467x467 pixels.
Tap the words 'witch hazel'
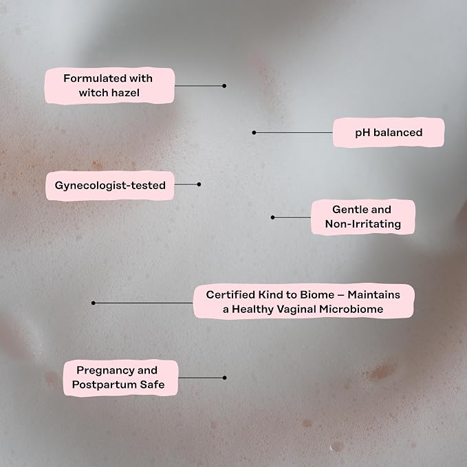pyautogui.click(x=109, y=93)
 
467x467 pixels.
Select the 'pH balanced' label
pyautogui.click(x=389, y=133)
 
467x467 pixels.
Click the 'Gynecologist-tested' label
pyautogui.click(x=110, y=185)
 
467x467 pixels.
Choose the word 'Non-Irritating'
pyautogui.click(x=362, y=224)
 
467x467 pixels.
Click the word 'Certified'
pyautogui.click(x=230, y=294)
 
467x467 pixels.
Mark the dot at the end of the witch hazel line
pyautogui.click(x=224, y=86)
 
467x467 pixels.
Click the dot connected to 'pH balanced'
pyautogui.click(x=254, y=133)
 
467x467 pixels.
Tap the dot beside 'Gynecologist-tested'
pyautogui.click(x=199, y=184)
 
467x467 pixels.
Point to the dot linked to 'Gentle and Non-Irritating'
pyautogui.click(x=272, y=217)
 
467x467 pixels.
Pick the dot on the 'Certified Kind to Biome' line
pyautogui.click(x=94, y=303)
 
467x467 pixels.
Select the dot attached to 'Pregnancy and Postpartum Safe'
pyautogui.click(x=225, y=378)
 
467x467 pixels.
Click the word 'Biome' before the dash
pyautogui.click(x=317, y=294)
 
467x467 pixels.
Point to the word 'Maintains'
pyautogui.click(x=373, y=294)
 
